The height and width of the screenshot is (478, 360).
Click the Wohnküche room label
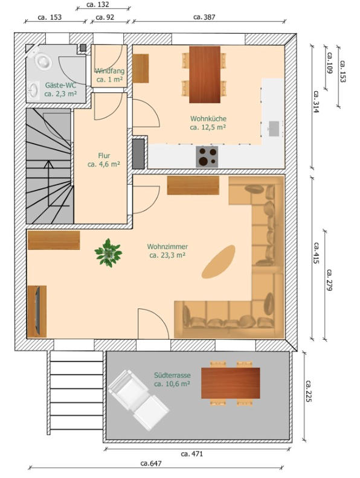[x=208, y=118]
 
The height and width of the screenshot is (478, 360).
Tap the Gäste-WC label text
[x=60, y=85]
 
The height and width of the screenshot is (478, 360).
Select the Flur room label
[x=104, y=156]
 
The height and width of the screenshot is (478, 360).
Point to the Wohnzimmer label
[x=167, y=246]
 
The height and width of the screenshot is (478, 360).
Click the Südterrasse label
[x=172, y=375]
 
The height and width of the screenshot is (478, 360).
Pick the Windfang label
[x=110, y=71]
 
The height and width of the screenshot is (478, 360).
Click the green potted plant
[x=108, y=253]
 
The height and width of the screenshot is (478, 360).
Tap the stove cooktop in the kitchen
[x=207, y=157]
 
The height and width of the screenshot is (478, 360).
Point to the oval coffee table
[x=219, y=262]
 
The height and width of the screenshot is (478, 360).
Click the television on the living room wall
[x=37, y=311]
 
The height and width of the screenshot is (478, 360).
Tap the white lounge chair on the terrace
[x=138, y=400]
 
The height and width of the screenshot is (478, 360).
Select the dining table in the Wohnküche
[x=205, y=75]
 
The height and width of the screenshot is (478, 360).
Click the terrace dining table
[x=231, y=383]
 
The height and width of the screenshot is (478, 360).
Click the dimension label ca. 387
[x=204, y=17]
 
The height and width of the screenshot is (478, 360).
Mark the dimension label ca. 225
[x=309, y=391]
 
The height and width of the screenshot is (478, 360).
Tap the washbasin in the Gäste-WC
[x=34, y=91]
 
